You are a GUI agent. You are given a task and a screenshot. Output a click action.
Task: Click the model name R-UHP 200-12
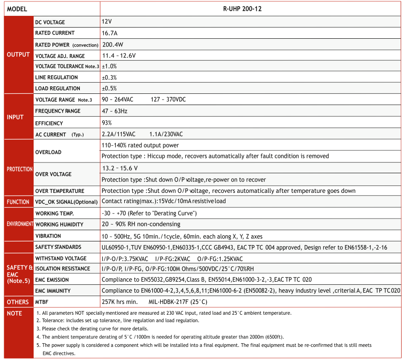(250, 9)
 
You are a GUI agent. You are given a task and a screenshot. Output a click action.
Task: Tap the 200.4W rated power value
(113, 45)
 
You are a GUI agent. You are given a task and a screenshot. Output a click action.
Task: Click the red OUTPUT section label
(19, 55)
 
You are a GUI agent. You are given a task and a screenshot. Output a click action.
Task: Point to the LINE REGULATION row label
(57, 78)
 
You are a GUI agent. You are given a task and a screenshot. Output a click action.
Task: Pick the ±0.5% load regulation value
(109, 88)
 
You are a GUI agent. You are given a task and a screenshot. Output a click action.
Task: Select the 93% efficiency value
(107, 123)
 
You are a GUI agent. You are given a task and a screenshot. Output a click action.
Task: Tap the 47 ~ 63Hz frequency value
(114, 111)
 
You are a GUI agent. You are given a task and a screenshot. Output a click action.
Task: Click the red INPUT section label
(15, 117)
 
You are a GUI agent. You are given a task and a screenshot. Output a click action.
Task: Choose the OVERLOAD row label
(49, 152)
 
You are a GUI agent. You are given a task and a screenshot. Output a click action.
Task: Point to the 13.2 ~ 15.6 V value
(120, 168)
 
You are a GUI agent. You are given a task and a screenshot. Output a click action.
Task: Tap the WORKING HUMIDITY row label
(59, 225)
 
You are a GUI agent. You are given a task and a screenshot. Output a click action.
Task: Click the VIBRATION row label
(48, 236)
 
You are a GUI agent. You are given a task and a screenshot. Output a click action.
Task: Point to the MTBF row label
(42, 302)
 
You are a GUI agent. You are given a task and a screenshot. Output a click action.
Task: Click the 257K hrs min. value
(120, 302)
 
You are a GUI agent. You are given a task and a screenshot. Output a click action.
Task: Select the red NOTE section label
(14, 313)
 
